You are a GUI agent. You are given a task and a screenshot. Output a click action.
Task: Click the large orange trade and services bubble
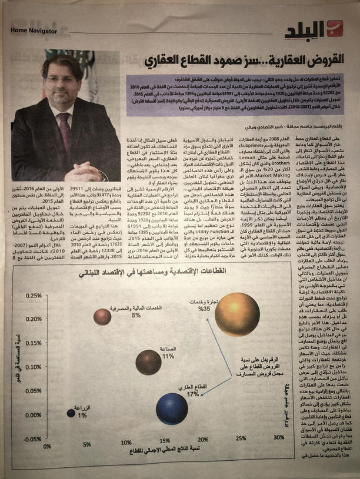pos(236,314)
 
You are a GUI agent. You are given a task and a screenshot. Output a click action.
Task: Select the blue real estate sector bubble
pos(172,409)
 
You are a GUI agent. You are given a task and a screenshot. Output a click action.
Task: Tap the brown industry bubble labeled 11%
pos(148,363)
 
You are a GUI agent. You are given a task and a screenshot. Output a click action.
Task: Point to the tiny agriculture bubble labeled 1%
pos(71,413)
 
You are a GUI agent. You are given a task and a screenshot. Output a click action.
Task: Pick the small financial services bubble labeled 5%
pos(102,317)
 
